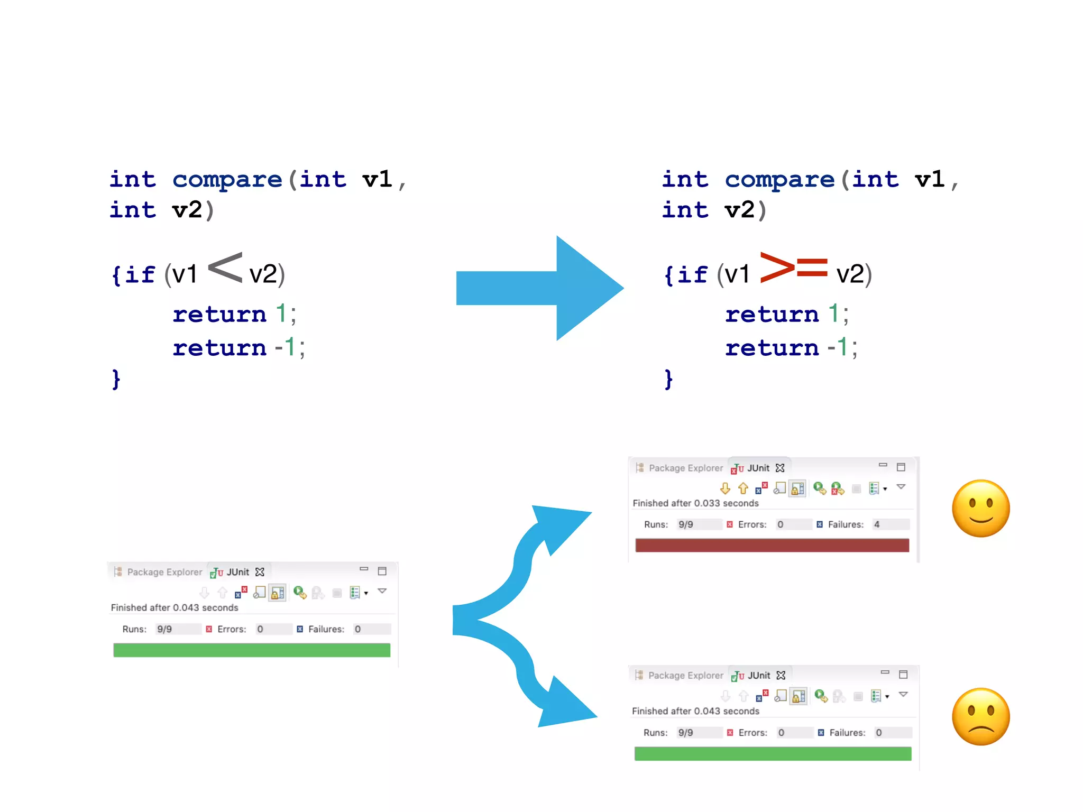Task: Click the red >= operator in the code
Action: (x=793, y=267)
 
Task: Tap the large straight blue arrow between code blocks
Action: (x=539, y=288)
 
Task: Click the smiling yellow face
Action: (x=980, y=509)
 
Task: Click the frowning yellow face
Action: (x=980, y=717)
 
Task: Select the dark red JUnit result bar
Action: (x=772, y=546)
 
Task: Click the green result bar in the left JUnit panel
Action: (x=252, y=650)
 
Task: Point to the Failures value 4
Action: (x=877, y=524)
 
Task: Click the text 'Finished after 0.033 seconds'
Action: (x=695, y=503)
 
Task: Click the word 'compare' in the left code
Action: (x=227, y=180)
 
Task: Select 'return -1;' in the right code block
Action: (x=791, y=348)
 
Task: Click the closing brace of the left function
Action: (x=116, y=379)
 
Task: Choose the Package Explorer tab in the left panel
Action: (x=164, y=572)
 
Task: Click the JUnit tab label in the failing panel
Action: (x=758, y=468)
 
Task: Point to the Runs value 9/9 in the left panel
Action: (x=164, y=629)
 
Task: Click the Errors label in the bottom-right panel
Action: (x=752, y=733)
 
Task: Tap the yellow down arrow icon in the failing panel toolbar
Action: (x=725, y=488)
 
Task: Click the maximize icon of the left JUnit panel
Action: (x=382, y=571)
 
